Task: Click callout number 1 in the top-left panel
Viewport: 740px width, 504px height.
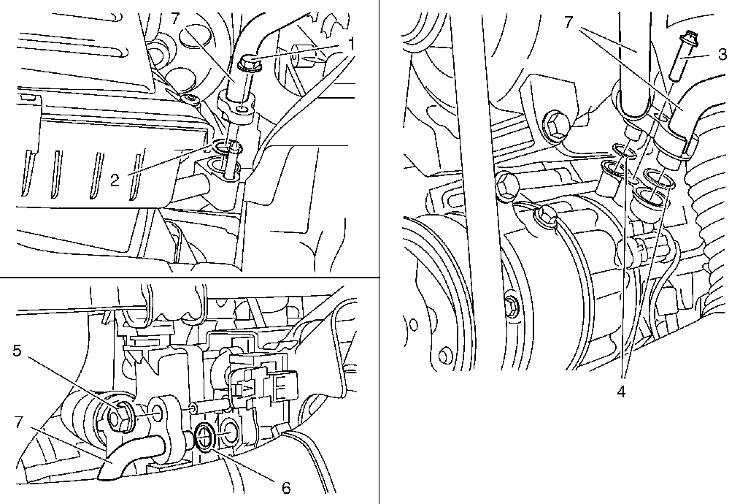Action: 350,44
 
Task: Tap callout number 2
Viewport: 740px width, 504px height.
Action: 115,180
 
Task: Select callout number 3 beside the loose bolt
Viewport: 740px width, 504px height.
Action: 722,55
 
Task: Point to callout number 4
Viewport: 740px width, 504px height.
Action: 621,392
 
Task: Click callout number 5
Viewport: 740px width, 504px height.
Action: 17,351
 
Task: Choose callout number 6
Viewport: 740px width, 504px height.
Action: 286,488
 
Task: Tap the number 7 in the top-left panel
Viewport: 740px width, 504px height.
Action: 175,18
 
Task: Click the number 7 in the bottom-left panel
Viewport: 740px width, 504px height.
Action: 18,421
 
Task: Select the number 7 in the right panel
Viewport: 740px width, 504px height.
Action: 569,22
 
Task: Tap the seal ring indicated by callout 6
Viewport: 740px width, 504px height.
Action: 207,437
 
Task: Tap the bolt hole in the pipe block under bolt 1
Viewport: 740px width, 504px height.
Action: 242,110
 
